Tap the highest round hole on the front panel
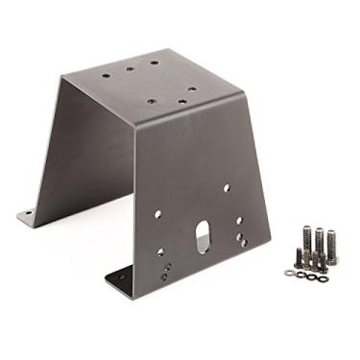pos(226,188)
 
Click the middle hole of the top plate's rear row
pos(131,64)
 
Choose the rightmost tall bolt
pos(332,246)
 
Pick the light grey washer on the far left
pos(289,272)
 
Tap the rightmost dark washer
pos(322,277)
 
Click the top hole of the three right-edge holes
pos(239,221)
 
